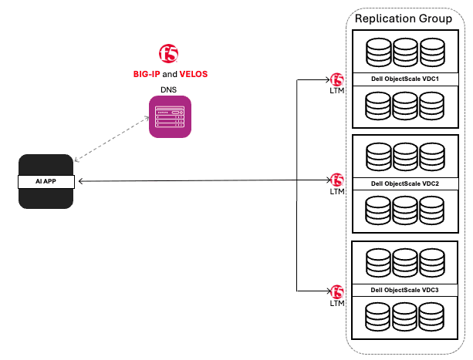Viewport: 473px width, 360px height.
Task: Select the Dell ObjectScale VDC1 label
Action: click(405, 79)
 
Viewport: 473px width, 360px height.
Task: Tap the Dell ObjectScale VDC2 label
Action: click(405, 184)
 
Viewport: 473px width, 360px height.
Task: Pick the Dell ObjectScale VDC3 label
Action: click(405, 290)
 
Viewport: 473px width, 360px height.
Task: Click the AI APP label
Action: click(46, 182)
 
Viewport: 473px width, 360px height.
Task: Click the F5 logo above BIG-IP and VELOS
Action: click(170, 53)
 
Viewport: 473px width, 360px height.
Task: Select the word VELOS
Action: click(194, 74)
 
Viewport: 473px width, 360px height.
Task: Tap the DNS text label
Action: click(168, 90)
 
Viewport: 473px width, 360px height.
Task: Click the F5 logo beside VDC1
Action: click(337, 79)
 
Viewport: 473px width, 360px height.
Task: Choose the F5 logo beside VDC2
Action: click(337, 180)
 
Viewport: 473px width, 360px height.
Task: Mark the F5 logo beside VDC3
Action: click(337, 291)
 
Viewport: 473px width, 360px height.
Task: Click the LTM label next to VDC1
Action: click(337, 92)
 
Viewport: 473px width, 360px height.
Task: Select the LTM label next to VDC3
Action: click(337, 303)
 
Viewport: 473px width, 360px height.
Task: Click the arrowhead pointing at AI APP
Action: click(82, 181)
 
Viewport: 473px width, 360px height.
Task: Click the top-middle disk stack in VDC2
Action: click(406, 157)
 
